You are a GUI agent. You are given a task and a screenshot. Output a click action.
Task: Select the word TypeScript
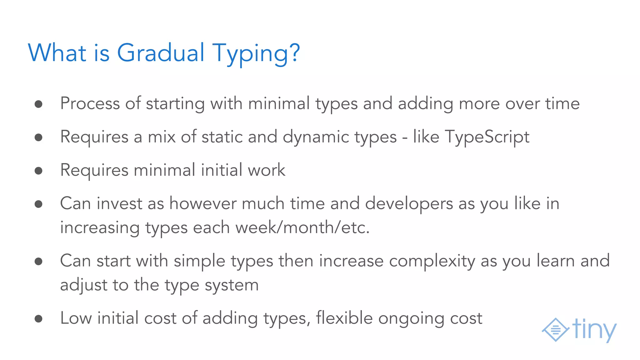click(487, 137)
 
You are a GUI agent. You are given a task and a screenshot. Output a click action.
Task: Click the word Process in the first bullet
click(90, 103)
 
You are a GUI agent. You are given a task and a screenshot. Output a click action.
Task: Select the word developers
click(409, 203)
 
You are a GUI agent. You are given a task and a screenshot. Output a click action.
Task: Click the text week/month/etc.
click(302, 227)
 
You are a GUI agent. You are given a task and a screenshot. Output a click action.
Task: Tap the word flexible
click(344, 318)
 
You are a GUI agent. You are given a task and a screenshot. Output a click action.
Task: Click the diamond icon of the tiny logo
click(555, 329)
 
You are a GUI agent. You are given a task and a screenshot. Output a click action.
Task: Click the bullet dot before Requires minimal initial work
click(38, 171)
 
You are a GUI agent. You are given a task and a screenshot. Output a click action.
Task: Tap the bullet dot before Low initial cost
click(38, 319)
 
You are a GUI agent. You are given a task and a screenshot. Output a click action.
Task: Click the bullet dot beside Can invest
click(38, 204)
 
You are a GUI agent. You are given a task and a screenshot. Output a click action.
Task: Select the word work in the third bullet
click(266, 170)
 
